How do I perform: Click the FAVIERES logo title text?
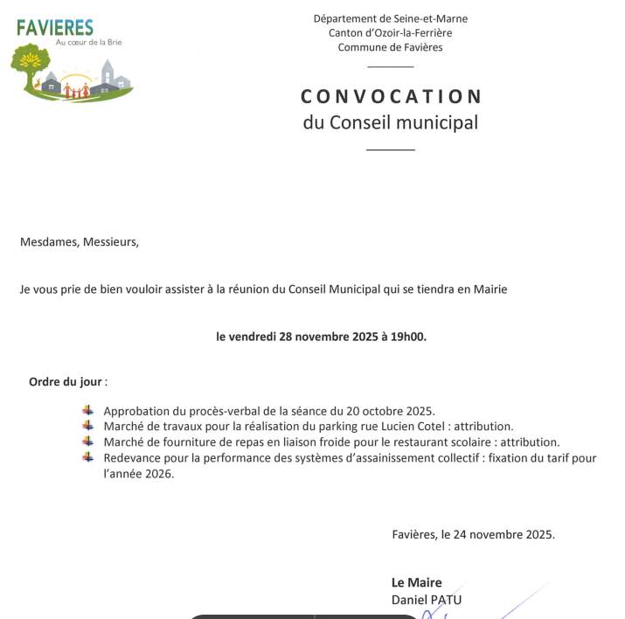pyautogui.click(x=54, y=28)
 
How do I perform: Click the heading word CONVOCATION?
pyautogui.click(x=391, y=96)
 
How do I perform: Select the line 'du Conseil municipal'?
pyautogui.click(x=391, y=122)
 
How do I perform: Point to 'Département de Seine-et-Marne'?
pyautogui.click(x=391, y=18)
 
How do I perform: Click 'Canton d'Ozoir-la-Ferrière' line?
pyautogui.click(x=391, y=32)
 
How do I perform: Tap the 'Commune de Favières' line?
pyautogui.click(x=391, y=47)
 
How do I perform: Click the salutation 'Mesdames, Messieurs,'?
pyautogui.click(x=80, y=242)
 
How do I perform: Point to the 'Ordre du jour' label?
pyautogui.click(x=66, y=382)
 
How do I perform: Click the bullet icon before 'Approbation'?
pyautogui.click(x=87, y=410)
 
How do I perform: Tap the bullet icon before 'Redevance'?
pyautogui.click(x=87, y=457)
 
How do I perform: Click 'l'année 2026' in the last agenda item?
pyautogui.click(x=138, y=474)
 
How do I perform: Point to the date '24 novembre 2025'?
pyautogui.click(x=503, y=534)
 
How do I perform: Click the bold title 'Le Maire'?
pyautogui.click(x=417, y=582)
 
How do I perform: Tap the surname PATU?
pyautogui.click(x=446, y=600)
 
